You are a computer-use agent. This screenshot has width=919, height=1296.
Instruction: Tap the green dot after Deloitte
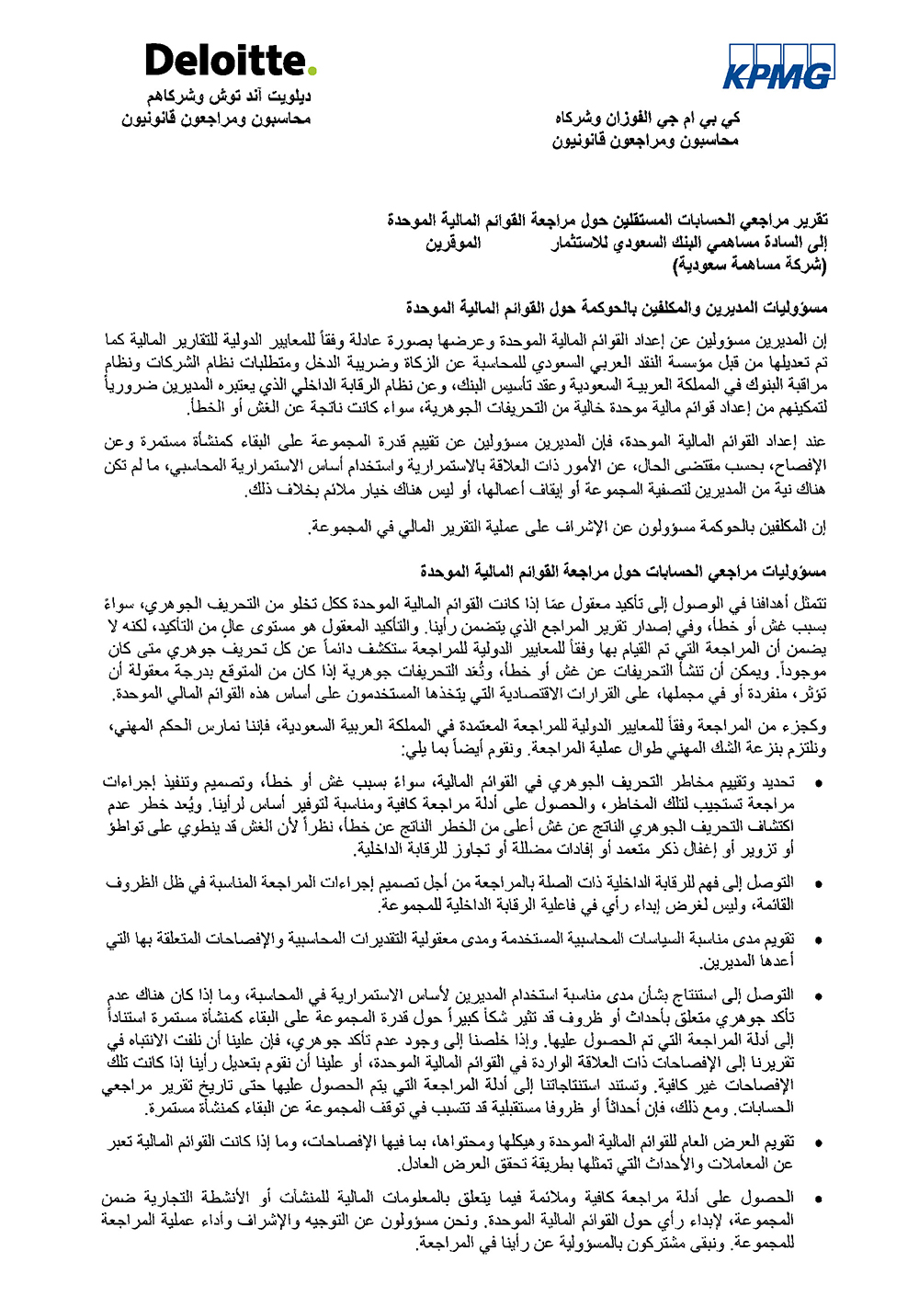click(312, 70)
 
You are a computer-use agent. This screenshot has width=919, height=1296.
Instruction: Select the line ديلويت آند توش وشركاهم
click(229, 97)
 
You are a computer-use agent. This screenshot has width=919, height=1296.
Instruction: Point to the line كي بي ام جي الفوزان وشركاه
click(647, 119)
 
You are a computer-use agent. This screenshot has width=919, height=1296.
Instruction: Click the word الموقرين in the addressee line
click(453, 244)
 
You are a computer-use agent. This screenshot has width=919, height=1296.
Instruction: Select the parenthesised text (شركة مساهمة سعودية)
click(749, 266)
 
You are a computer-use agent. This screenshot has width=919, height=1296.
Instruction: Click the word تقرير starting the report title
click(810, 221)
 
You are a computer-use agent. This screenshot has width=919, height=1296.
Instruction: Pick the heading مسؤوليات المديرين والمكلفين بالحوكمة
click(617, 307)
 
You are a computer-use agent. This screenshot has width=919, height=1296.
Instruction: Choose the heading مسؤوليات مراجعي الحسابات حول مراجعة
click(624, 573)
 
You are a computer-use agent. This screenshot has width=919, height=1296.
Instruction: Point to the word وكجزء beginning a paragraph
click(809, 727)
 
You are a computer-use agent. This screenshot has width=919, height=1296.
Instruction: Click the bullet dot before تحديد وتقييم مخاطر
click(819, 784)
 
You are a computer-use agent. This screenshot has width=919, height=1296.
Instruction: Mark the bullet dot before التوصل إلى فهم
click(819, 885)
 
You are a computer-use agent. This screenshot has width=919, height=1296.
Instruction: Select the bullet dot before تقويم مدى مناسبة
click(819, 941)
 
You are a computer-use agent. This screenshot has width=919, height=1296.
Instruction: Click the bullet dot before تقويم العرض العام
click(819, 1144)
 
